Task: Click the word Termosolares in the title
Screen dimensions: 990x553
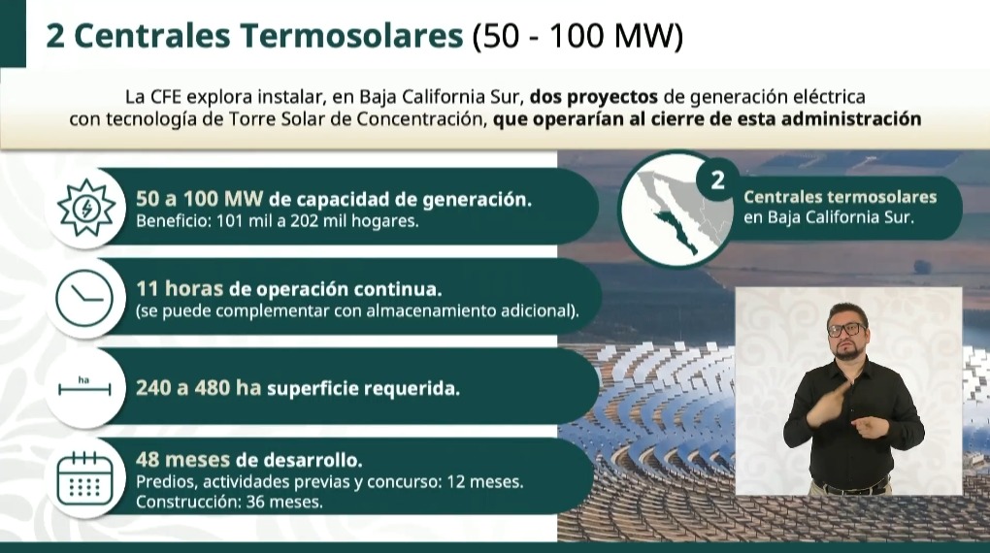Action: tap(351, 35)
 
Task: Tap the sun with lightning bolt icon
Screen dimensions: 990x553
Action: tap(85, 208)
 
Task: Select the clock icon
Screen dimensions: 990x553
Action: tap(84, 298)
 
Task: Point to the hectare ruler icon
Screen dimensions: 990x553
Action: tap(84, 386)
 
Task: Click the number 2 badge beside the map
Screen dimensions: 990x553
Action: tap(718, 180)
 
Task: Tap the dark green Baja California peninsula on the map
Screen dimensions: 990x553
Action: tap(676, 232)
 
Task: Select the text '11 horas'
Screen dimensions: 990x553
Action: tap(180, 288)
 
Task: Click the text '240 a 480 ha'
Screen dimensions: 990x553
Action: tap(199, 388)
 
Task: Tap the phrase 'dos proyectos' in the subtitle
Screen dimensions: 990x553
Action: tap(593, 97)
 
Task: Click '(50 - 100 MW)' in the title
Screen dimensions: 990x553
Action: tap(577, 36)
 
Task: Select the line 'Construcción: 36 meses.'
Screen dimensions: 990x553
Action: tap(230, 502)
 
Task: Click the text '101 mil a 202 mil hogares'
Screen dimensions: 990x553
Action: tap(315, 221)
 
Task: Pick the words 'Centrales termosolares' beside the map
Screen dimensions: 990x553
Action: tap(840, 197)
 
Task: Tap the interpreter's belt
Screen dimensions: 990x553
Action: tap(852, 487)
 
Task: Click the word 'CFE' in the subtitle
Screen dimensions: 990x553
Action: tap(165, 97)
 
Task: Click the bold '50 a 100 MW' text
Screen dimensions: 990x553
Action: tap(200, 199)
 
